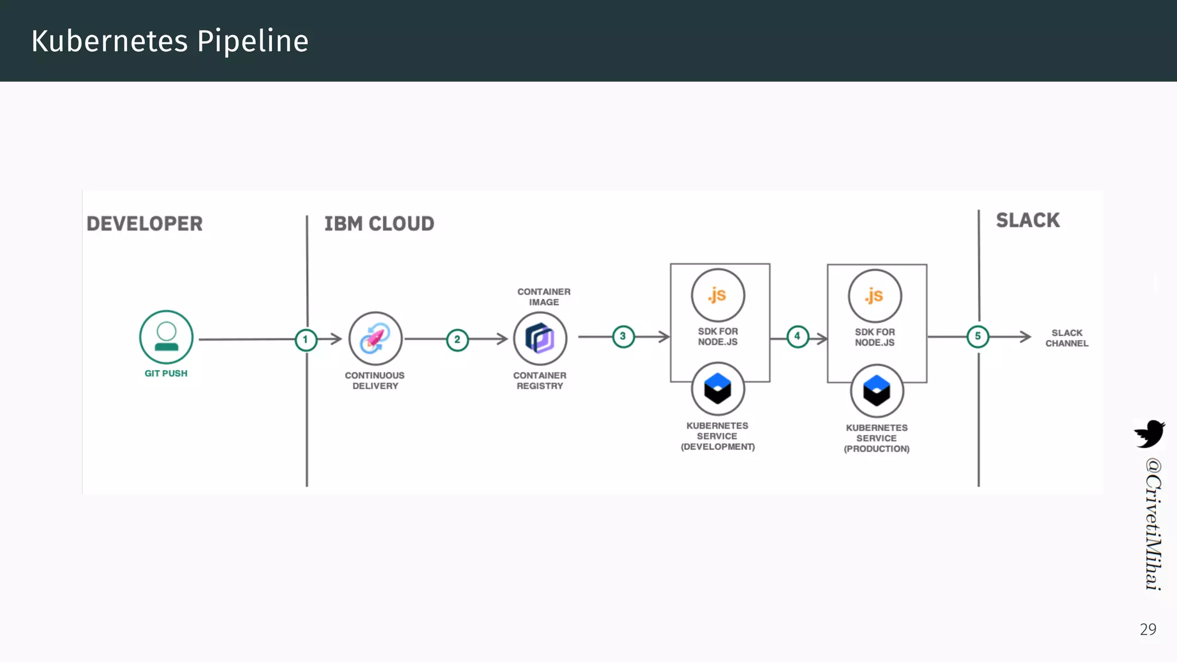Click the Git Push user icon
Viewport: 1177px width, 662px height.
tap(166, 337)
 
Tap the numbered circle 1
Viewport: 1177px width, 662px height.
tap(306, 340)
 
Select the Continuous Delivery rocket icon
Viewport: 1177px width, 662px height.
tap(375, 338)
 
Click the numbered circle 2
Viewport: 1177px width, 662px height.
tap(457, 340)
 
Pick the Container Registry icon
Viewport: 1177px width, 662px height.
tap(540, 338)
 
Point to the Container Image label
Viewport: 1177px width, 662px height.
tap(544, 297)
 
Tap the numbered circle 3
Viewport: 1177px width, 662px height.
tap(623, 337)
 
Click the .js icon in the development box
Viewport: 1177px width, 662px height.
tap(718, 295)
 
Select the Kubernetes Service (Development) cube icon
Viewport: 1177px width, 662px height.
tap(718, 389)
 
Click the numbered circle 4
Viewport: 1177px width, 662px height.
tap(797, 337)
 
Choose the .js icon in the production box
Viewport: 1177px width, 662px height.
tap(875, 296)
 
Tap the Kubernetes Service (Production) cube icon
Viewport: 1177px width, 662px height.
tap(877, 391)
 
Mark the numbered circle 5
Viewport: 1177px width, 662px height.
tap(978, 337)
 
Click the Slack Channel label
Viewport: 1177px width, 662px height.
tap(1067, 338)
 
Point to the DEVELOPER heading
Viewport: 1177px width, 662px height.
tap(145, 224)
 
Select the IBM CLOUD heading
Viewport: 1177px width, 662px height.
tap(379, 224)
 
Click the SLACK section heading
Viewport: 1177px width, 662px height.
tap(1028, 220)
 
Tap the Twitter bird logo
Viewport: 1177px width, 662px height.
tap(1149, 434)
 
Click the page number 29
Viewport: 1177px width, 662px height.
tap(1148, 629)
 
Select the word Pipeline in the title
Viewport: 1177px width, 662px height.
tap(253, 41)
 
